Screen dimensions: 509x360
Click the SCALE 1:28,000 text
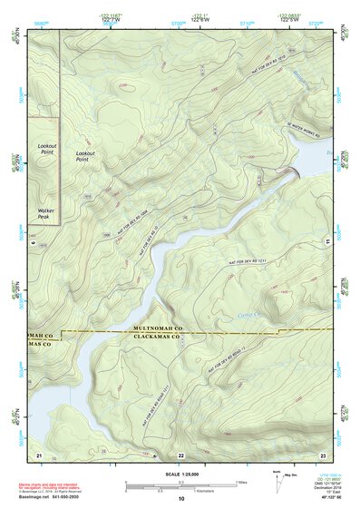[181, 473]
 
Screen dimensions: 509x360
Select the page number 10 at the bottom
[181, 498]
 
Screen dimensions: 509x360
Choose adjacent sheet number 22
[180, 455]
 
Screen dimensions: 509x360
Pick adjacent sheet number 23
[322, 454]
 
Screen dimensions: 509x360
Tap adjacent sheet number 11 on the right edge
[326, 242]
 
